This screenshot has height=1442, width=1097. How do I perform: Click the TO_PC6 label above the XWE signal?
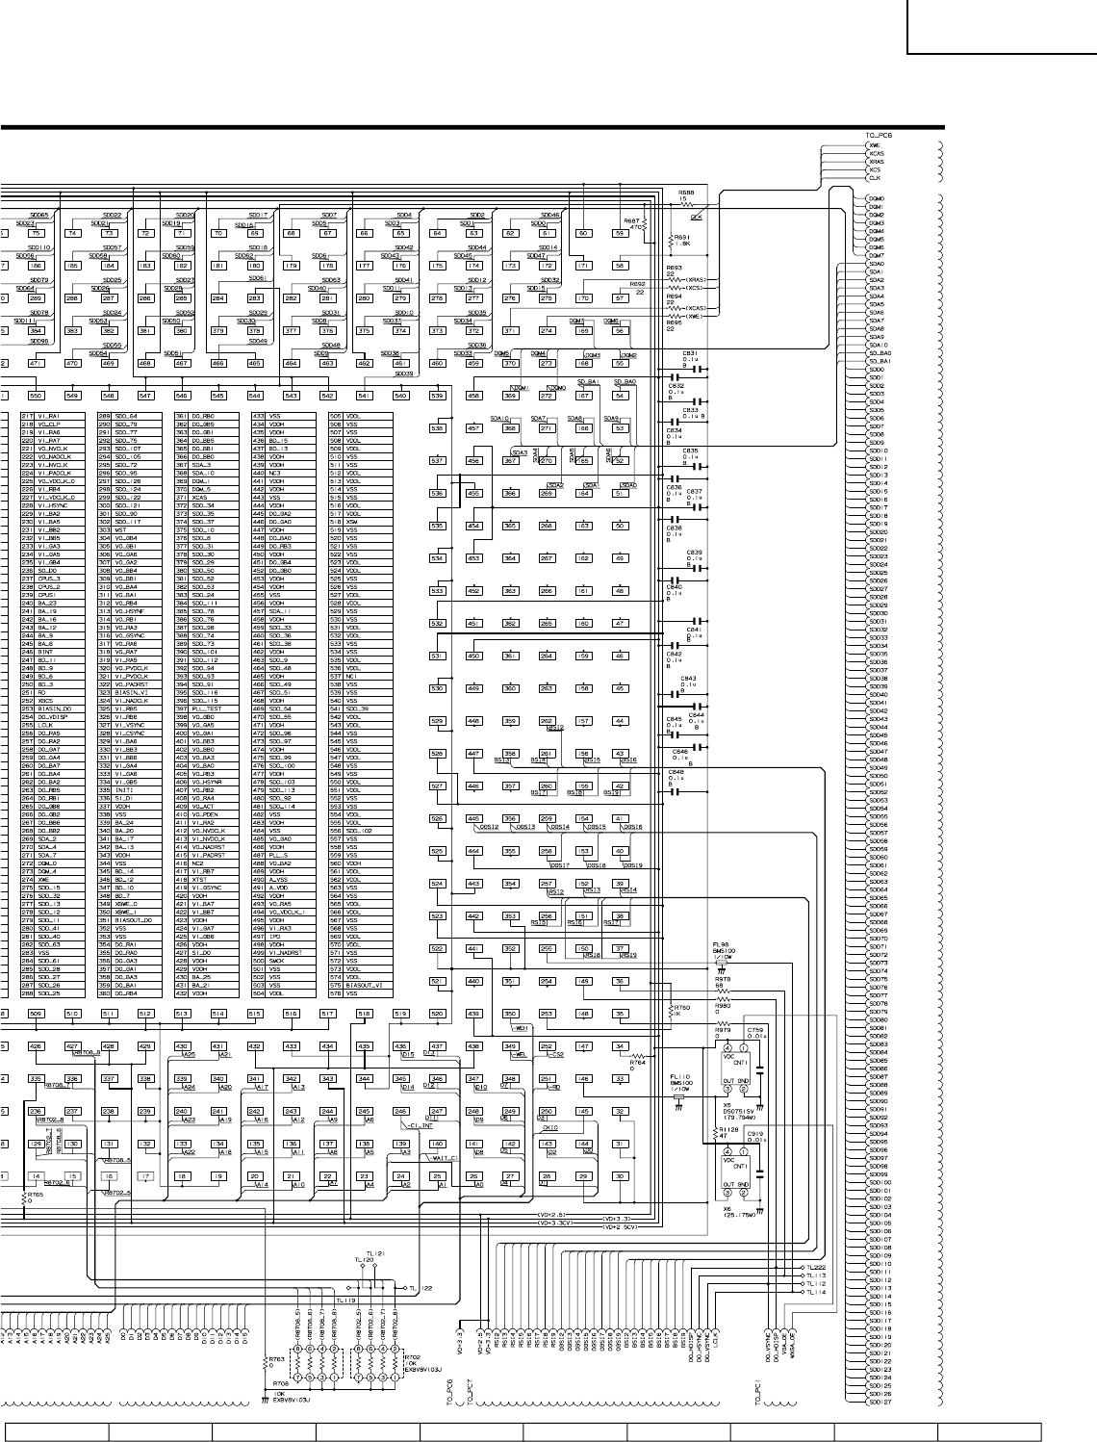880,137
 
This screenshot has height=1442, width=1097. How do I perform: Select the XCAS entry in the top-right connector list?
876,153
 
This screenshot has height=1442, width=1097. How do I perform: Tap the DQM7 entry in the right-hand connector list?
875,255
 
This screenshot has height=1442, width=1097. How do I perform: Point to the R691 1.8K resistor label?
681,240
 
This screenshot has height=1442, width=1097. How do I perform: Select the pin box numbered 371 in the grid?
510,330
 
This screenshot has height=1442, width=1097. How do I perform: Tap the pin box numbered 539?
437,396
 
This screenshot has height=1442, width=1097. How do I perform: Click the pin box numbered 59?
620,233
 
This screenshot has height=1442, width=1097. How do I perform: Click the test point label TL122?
420,1288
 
